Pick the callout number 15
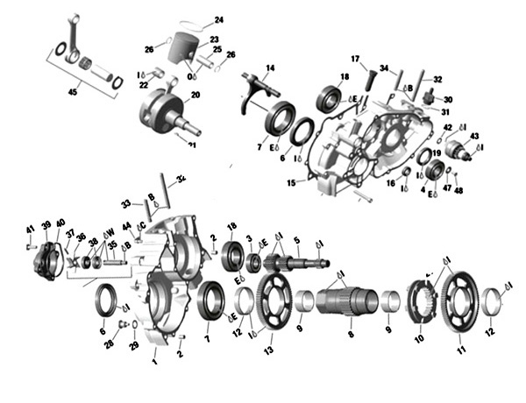click(291, 182)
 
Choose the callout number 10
click(418, 338)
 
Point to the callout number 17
click(356, 59)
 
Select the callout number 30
click(448, 100)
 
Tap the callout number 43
click(474, 136)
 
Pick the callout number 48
click(459, 190)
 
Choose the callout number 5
click(297, 239)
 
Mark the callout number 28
click(108, 344)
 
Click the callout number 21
click(191, 145)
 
